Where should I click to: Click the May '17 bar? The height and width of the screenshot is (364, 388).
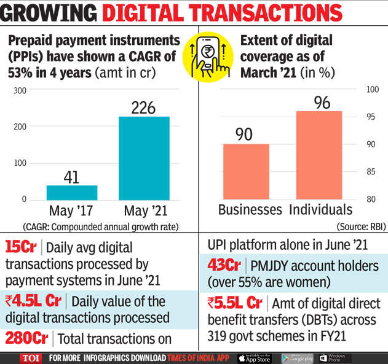[x=71, y=193]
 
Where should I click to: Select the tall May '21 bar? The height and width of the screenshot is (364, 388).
[x=143, y=158]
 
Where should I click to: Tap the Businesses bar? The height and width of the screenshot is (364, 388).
[x=245, y=171]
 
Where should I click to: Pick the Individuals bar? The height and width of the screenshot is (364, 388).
[x=319, y=155]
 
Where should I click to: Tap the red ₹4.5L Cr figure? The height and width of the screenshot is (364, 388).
[x=30, y=301]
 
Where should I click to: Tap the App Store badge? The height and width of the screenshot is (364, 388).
[x=254, y=358]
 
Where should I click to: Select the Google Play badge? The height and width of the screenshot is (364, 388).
[x=297, y=358]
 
